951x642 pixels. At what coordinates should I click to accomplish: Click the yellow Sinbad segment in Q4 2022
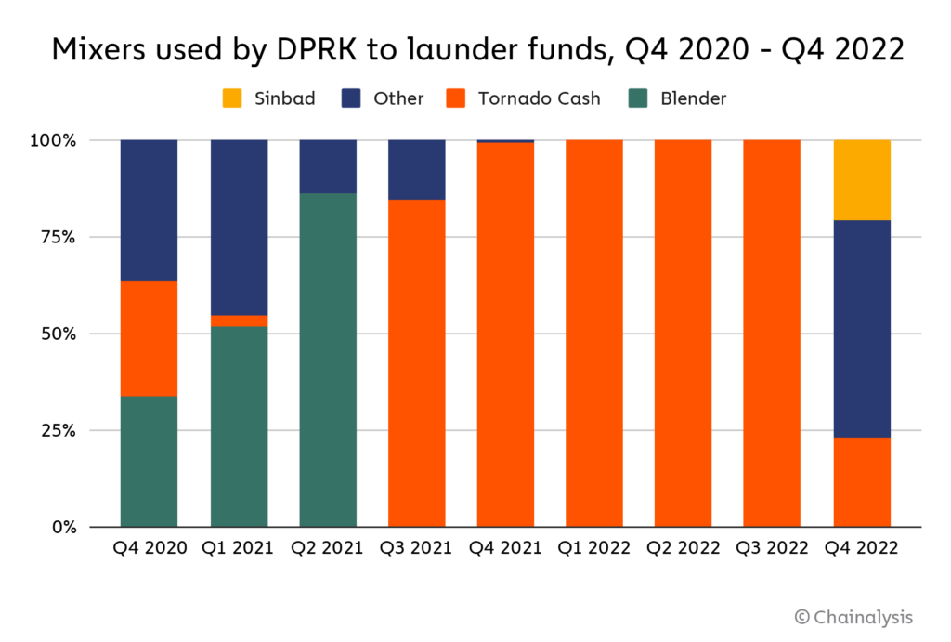[862, 180]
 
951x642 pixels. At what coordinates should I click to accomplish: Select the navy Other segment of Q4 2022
[862, 329]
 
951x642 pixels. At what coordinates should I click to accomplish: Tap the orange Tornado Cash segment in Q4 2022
[862, 482]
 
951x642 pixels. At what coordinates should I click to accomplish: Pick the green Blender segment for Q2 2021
[328, 360]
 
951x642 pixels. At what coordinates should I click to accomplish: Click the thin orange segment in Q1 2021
[239, 321]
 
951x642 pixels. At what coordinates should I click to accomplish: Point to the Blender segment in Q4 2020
[149, 461]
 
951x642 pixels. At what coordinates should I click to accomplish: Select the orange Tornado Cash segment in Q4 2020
[149, 338]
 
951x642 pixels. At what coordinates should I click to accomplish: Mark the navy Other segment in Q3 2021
[417, 170]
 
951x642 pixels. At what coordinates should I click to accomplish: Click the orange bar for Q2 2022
[684, 333]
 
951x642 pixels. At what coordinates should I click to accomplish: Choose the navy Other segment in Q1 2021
[239, 228]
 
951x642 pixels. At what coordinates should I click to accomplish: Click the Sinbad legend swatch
[232, 98]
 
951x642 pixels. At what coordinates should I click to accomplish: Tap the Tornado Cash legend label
[540, 98]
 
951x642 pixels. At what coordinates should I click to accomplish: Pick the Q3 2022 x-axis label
[773, 547]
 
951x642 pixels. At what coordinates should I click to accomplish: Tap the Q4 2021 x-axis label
[506, 547]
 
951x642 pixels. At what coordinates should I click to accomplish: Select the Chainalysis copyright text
[853, 616]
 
